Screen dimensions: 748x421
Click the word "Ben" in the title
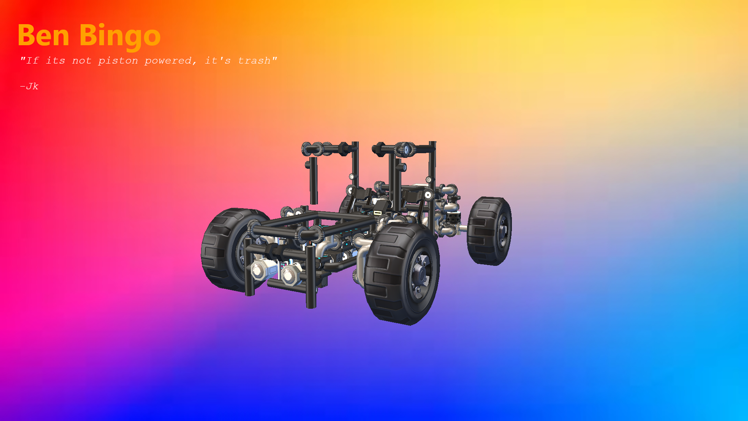(43, 35)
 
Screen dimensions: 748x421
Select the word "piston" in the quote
(118, 61)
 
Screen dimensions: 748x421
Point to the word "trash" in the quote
(254, 60)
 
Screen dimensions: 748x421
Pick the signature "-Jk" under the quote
(29, 86)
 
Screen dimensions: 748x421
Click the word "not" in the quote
(82, 61)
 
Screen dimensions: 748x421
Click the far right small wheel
(490, 231)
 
